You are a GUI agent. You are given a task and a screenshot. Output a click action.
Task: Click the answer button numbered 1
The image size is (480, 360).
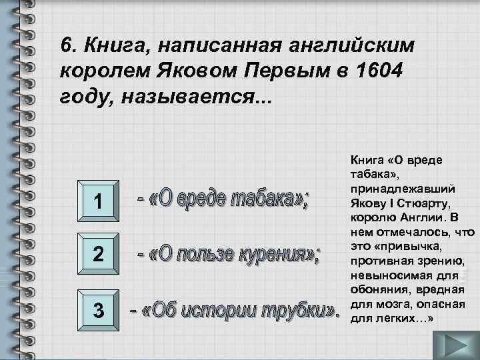tap(97, 201)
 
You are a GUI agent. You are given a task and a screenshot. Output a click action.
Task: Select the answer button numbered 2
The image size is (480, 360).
tap(97, 254)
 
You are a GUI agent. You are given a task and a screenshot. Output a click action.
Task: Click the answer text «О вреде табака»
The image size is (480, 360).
tap(223, 199)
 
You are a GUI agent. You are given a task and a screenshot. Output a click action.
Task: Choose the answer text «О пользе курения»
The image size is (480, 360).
tap(229, 254)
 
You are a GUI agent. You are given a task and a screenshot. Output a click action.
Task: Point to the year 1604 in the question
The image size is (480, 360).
tap(377, 70)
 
